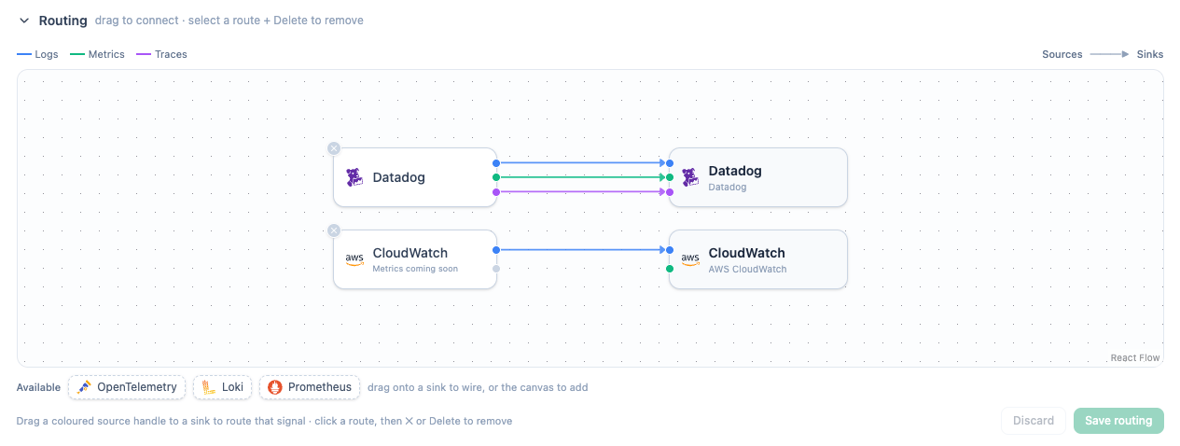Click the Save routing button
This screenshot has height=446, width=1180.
click(x=1118, y=421)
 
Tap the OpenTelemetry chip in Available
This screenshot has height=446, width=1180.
click(x=127, y=387)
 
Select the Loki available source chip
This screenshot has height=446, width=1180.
click(x=222, y=387)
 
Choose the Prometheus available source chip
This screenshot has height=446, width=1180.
click(x=310, y=387)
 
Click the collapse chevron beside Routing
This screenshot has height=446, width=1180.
click(x=23, y=21)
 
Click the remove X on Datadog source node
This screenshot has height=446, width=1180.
click(x=333, y=148)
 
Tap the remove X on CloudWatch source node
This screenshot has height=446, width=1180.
click(x=333, y=230)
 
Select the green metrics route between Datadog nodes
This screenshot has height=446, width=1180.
click(x=583, y=177)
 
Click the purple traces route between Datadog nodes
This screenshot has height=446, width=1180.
click(x=583, y=192)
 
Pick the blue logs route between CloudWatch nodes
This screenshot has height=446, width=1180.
click(x=583, y=250)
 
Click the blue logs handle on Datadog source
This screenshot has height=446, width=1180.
click(x=495, y=163)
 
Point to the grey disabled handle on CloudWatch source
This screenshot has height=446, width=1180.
click(x=495, y=269)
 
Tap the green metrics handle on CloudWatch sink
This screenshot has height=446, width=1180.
click(x=670, y=269)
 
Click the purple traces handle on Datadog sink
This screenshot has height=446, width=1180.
click(x=670, y=192)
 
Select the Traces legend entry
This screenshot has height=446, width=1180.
click(x=161, y=54)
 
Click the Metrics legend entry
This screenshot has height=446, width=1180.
click(x=97, y=54)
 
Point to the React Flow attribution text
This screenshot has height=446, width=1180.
click(x=1134, y=358)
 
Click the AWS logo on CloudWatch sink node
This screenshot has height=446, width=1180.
click(x=690, y=259)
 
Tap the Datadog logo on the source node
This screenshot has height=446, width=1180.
click(x=354, y=177)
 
